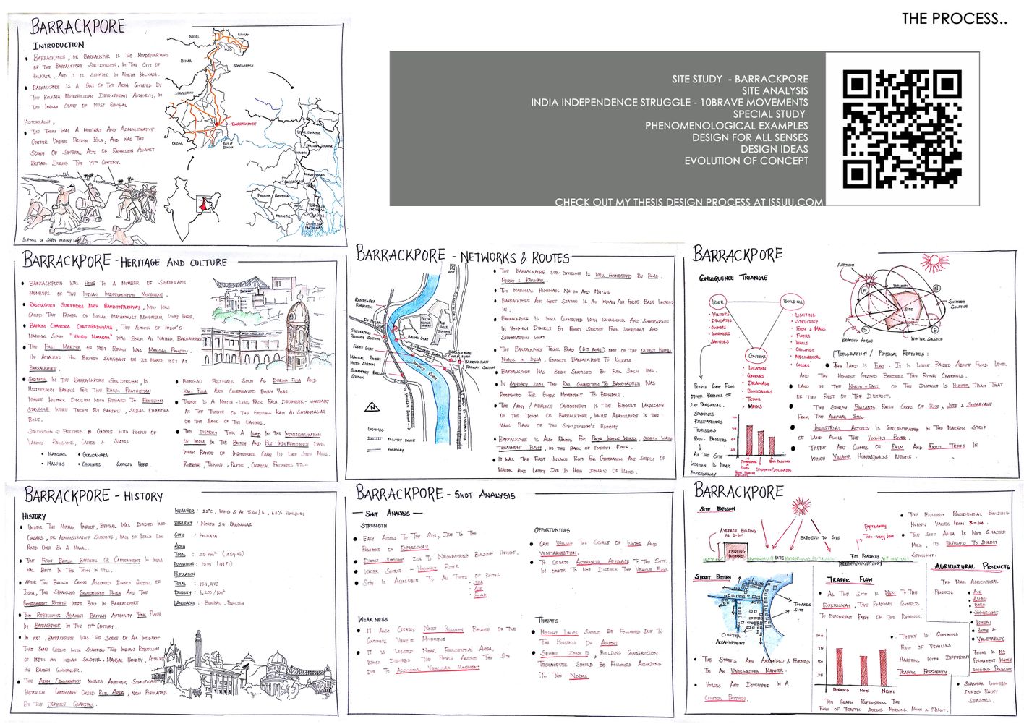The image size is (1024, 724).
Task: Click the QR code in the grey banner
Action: coord(902,129)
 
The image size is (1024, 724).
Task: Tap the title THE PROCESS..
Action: coord(953,19)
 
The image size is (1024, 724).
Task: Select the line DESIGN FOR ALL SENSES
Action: coord(749,137)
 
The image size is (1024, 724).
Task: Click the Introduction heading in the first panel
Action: coord(58,46)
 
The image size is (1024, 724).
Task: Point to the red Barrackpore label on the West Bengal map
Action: coord(244,124)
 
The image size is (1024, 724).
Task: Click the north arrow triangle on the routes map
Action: coord(373,407)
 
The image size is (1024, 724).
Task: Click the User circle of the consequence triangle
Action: coord(717,302)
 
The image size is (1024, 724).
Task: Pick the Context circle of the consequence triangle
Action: coord(756,356)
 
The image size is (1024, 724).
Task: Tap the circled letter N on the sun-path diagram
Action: coord(936,289)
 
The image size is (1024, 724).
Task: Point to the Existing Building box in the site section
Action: coord(736,553)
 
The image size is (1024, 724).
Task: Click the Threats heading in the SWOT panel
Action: coord(547,620)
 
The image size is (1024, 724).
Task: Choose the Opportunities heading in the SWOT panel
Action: coord(553,530)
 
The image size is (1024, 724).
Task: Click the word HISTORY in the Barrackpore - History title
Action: coord(143,497)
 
